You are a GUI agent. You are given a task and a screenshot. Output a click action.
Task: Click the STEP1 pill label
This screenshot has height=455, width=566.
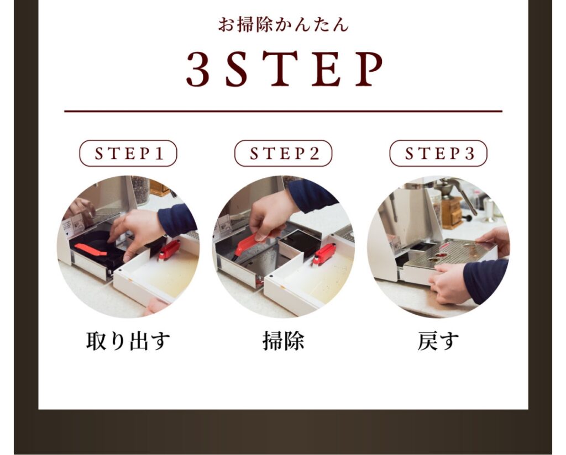[128, 154]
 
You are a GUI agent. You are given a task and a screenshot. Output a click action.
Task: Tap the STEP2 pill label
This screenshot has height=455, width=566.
[284, 154]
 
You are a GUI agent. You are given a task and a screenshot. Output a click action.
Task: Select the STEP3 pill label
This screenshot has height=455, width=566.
[438, 154]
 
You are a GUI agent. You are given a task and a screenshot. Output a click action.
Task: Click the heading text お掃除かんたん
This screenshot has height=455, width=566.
[284, 25]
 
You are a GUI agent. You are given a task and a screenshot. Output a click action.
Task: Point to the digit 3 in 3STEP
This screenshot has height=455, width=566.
[198, 69]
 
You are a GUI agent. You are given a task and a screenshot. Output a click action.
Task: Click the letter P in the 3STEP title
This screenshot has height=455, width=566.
[369, 69]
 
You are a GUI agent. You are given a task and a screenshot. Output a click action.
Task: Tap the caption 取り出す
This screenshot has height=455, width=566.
[128, 341]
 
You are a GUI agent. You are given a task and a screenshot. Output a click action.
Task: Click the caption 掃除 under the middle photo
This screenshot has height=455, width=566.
[284, 341]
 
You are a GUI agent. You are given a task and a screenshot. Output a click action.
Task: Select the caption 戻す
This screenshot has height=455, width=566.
[438, 341]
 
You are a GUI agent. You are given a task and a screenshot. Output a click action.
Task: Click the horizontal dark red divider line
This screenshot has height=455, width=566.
[284, 112]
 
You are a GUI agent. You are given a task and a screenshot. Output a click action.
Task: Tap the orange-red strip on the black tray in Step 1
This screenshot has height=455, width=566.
[91, 250]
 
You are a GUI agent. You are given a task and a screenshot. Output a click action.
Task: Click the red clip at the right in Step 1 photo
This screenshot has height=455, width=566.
[169, 250]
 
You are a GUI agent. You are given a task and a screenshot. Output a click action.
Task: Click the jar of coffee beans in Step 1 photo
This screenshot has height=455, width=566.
[140, 189]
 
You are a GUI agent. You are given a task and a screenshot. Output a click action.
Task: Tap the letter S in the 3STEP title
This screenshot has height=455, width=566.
[237, 69]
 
